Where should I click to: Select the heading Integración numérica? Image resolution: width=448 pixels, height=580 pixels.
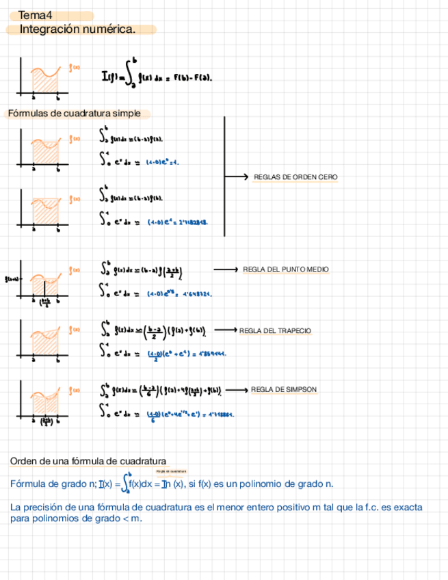coord(77,29)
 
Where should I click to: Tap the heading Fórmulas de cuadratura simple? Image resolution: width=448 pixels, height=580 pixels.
coord(76,114)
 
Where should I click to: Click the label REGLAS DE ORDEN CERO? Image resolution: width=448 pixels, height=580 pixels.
coord(295,177)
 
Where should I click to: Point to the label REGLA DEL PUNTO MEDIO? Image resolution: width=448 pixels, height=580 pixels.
coord(286,269)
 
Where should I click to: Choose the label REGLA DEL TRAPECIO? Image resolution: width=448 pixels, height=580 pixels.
coord(275,331)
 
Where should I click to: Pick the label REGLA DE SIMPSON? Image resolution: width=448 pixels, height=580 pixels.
coord(284,390)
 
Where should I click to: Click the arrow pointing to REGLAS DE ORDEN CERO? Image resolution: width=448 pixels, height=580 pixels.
coord(237,177)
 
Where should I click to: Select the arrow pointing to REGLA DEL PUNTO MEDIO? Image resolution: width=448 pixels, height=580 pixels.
coord(226,269)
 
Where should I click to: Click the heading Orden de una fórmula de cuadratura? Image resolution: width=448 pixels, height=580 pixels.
coord(88,462)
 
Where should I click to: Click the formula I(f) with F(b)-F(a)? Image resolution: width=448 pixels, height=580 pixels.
coord(157,77)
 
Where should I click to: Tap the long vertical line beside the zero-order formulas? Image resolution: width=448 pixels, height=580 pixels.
coord(224,176)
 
